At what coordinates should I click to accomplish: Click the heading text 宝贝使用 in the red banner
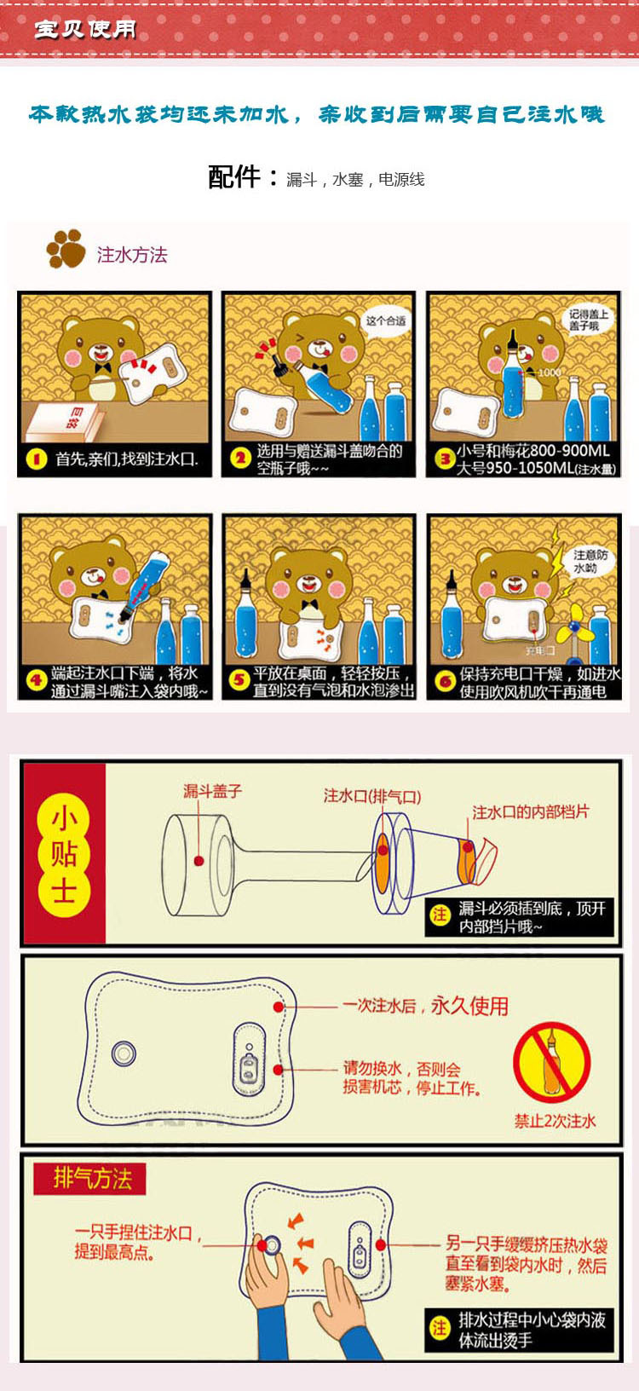(85, 29)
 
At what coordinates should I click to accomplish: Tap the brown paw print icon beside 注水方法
(66, 249)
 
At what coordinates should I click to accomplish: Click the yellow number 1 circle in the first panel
(37, 459)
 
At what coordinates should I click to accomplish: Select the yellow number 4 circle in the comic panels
(36, 681)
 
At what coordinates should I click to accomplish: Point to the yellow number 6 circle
(445, 681)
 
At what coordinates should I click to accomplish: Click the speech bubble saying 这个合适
(386, 321)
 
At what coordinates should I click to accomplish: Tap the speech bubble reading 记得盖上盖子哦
(588, 320)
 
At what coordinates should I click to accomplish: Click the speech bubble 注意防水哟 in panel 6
(590, 561)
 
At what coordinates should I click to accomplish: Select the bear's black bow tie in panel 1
(104, 368)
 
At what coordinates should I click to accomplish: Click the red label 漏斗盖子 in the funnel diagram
(213, 792)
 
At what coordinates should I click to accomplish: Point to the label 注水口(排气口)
(371, 796)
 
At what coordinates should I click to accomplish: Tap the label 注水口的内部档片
(530, 812)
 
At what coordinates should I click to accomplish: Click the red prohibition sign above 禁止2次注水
(552, 1062)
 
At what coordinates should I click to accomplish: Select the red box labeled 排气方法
(90, 1179)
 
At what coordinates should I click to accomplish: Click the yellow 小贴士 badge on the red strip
(63, 855)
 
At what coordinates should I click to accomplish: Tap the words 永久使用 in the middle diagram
(469, 1006)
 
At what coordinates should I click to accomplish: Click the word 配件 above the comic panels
(234, 176)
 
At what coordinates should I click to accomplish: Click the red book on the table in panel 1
(64, 420)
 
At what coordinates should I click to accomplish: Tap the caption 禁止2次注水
(555, 1121)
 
